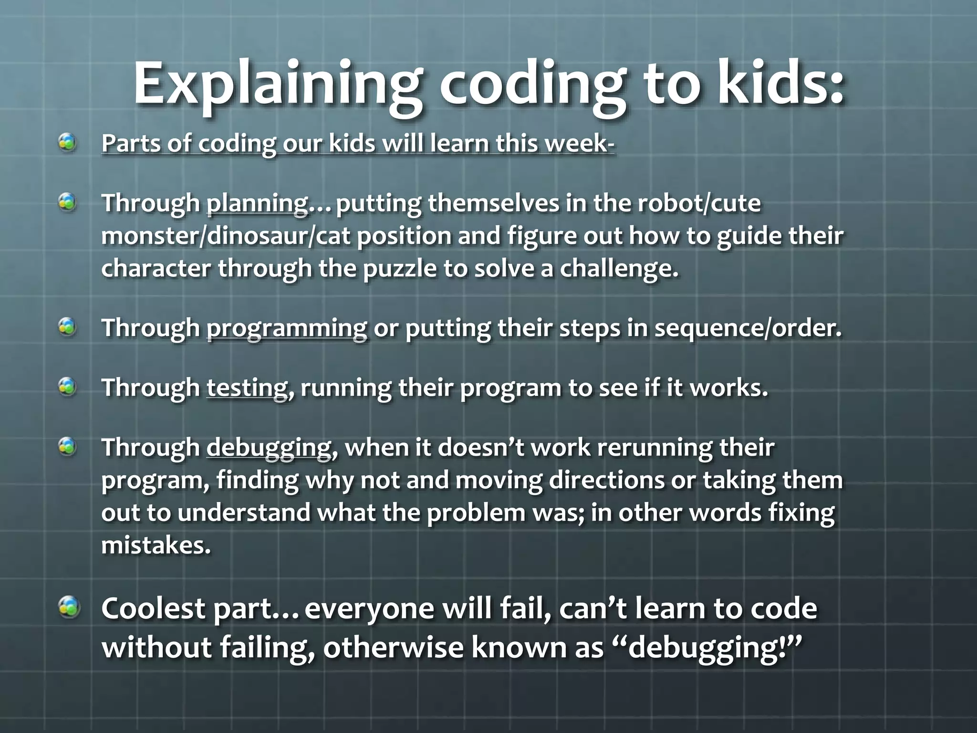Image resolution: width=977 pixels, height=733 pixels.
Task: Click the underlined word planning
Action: (x=257, y=204)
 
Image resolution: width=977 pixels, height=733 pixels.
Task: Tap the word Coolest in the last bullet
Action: (x=154, y=609)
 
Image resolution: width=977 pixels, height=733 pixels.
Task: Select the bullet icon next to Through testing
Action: (x=68, y=387)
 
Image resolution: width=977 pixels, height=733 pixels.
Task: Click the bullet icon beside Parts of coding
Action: (x=68, y=142)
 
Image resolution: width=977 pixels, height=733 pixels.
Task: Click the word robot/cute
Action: (x=699, y=204)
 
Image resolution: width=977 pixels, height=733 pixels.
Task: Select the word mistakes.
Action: (x=156, y=545)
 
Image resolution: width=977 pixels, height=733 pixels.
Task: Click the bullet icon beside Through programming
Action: (x=68, y=327)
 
